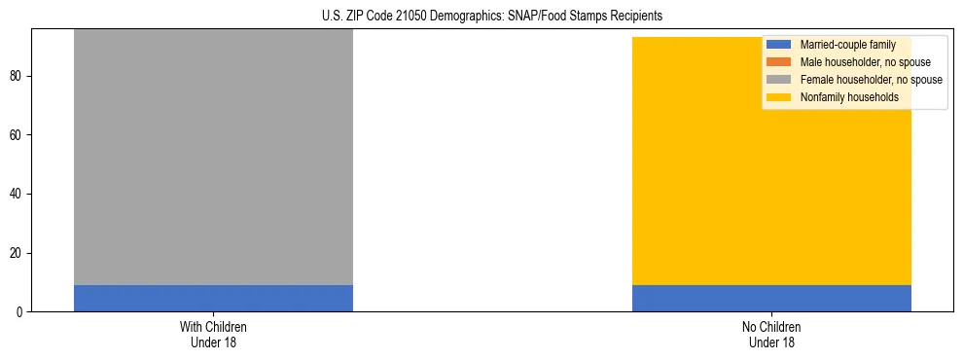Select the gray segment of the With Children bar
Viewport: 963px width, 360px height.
click(213, 156)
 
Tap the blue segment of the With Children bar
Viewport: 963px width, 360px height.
click(213, 298)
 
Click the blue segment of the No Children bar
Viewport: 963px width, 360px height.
click(771, 298)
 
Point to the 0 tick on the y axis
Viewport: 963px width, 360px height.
click(19, 312)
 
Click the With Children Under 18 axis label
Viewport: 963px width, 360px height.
click(213, 334)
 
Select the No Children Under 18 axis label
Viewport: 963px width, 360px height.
click(771, 334)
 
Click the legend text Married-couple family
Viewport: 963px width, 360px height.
click(847, 45)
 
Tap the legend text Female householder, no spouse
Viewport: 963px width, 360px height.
click(871, 80)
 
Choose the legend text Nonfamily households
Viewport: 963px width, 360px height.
click(848, 97)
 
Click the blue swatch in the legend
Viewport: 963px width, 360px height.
click(779, 45)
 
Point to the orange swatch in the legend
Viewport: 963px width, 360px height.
click(779, 62)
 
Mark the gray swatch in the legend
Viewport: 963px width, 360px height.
click(779, 80)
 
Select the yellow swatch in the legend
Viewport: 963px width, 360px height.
click(779, 97)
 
